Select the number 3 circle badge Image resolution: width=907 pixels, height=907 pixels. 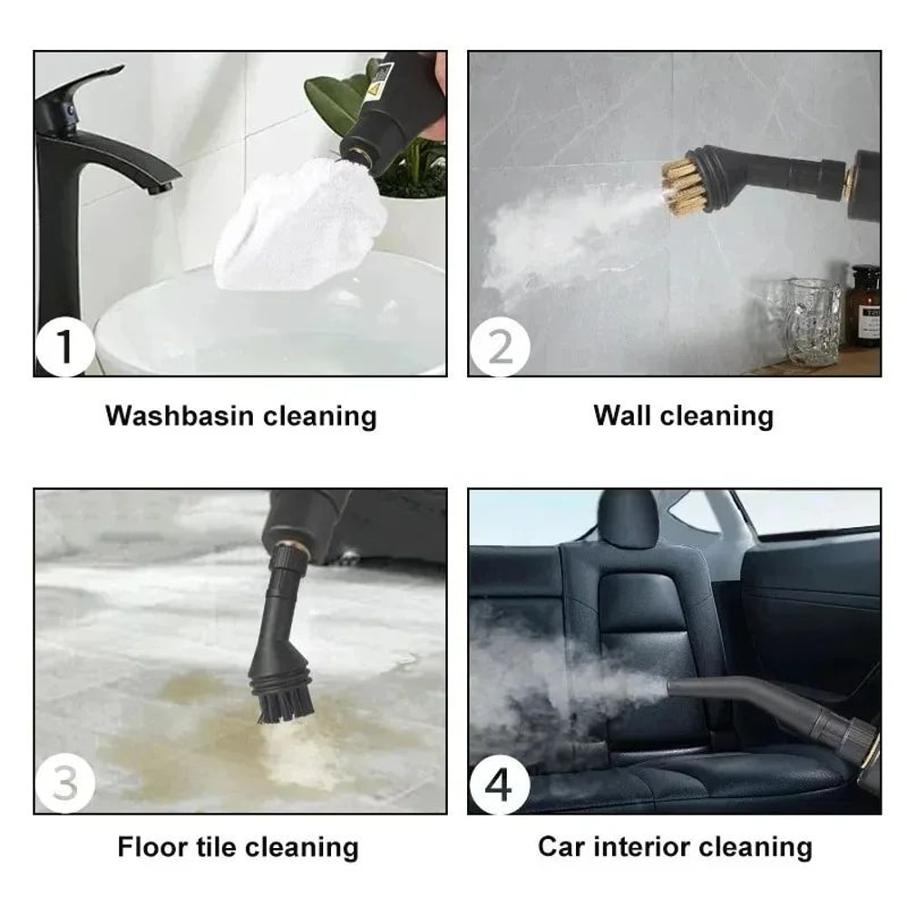click(64, 784)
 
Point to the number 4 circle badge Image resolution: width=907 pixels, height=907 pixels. click(499, 784)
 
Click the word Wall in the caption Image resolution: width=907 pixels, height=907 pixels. click(622, 416)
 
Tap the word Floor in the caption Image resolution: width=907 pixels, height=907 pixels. click(151, 848)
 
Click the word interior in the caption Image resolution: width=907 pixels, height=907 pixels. click(636, 847)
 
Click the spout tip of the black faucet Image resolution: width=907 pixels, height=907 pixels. click(161, 188)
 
